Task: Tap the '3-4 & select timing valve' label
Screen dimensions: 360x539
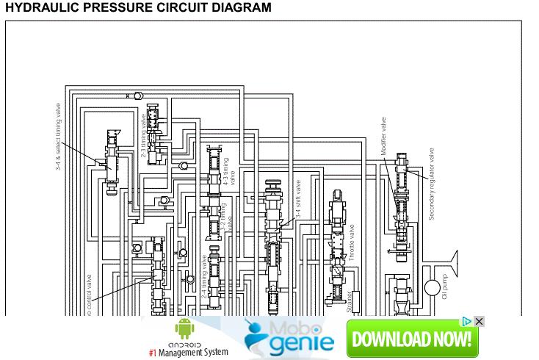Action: (x=59, y=137)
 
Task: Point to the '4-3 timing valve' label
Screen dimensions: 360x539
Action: (x=230, y=171)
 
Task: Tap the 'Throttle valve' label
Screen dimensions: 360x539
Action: (x=352, y=243)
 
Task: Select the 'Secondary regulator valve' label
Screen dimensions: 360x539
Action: (x=433, y=184)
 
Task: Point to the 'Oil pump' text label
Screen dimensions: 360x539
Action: (x=444, y=287)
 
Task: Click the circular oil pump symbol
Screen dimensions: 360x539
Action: (x=432, y=286)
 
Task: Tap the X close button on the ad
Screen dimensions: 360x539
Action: (x=479, y=322)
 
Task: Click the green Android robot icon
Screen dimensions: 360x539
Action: (x=184, y=329)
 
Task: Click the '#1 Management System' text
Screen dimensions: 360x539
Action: (x=188, y=352)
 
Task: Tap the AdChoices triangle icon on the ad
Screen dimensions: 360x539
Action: (x=466, y=322)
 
